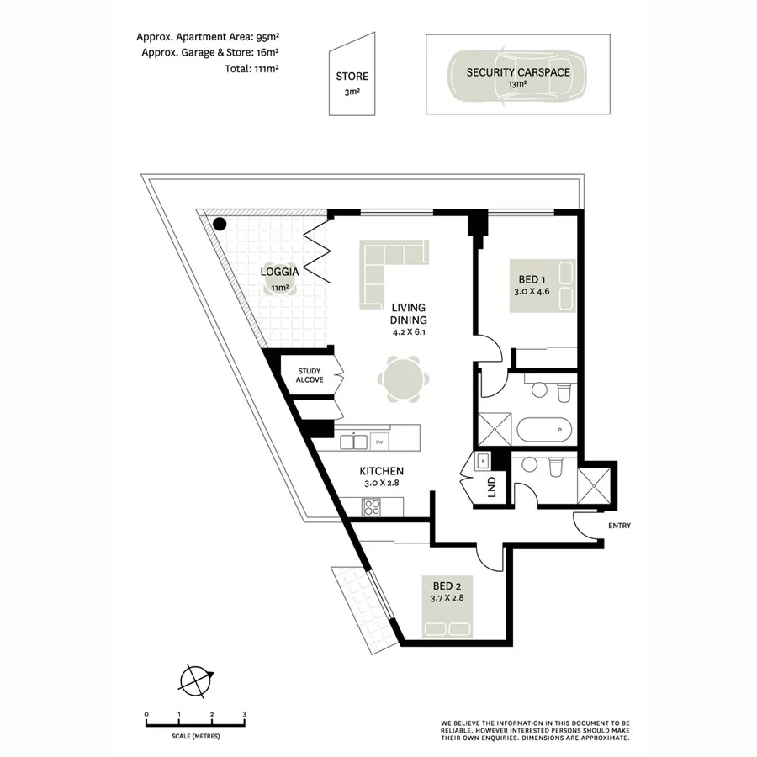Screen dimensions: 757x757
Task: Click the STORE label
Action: (x=352, y=77)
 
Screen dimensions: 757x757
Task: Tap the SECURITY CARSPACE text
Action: (x=518, y=72)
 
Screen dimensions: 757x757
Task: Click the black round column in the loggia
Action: (x=220, y=224)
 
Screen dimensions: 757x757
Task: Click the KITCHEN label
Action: (x=382, y=471)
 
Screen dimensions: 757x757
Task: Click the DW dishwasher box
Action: (x=379, y=442)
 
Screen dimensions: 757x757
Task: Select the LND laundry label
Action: (x=493, y=488)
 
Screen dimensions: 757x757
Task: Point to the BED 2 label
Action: (x=447, y=586)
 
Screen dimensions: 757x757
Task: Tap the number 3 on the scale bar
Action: (x=244, y=714)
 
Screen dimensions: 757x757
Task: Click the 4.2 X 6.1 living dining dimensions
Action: (x=409, y=331)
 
